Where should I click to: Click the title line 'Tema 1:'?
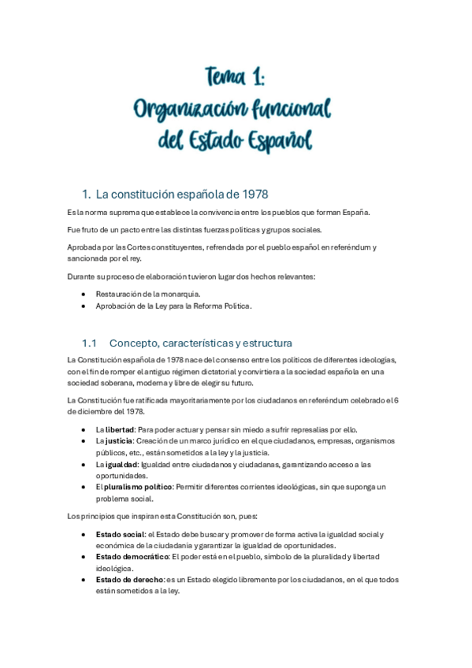point(236,77)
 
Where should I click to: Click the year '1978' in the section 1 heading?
point(259,194)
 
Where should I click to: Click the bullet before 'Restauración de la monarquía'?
point(84,294)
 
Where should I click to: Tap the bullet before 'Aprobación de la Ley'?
point(84,306)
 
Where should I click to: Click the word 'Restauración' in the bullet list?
point(118,294)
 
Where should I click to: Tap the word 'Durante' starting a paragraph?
point(82,276)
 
